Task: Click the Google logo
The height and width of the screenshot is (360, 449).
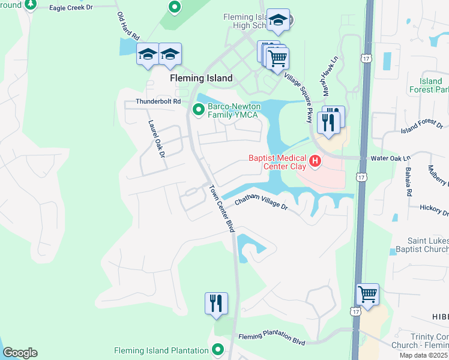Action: (x=20, y=353)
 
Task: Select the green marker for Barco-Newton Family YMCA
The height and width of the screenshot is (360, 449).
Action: (x=199, y=109)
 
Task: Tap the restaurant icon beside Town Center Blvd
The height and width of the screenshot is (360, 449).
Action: (x=216, y=303)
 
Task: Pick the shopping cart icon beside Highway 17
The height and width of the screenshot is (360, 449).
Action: (x=367, y=295)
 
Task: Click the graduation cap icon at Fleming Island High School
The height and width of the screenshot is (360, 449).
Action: (x=278, y=20)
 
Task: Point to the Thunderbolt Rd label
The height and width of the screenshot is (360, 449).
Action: (x=158, y=102)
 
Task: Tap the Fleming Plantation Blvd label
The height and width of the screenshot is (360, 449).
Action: (x=272, y=340)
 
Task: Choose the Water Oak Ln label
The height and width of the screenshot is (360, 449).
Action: (x=391, y=158)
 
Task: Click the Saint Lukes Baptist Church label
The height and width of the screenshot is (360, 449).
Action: (x=420, y=244)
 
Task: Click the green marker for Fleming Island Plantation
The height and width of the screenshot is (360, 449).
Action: (x=218, y=350)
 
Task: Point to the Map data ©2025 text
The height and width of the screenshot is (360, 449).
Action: (x=423, y=356)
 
